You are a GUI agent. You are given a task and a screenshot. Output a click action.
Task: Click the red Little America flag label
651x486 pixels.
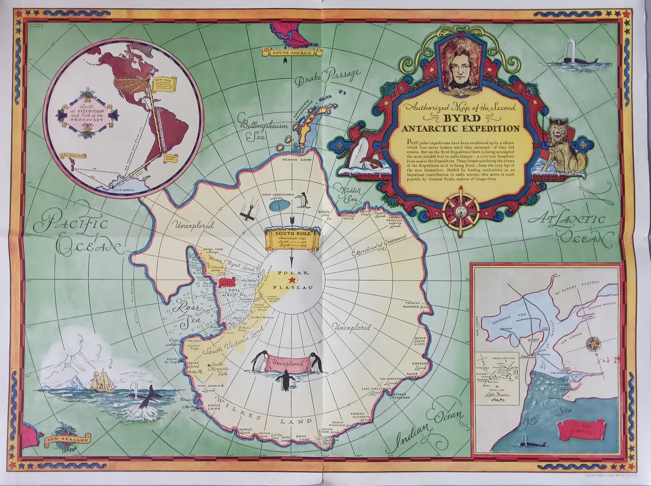[227, 283]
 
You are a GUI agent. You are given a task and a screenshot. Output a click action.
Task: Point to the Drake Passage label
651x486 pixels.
[328, 77]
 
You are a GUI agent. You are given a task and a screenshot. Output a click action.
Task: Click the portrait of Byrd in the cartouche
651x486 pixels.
[461, 64]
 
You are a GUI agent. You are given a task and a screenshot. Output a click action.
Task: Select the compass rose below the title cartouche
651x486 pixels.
[460, 210]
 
